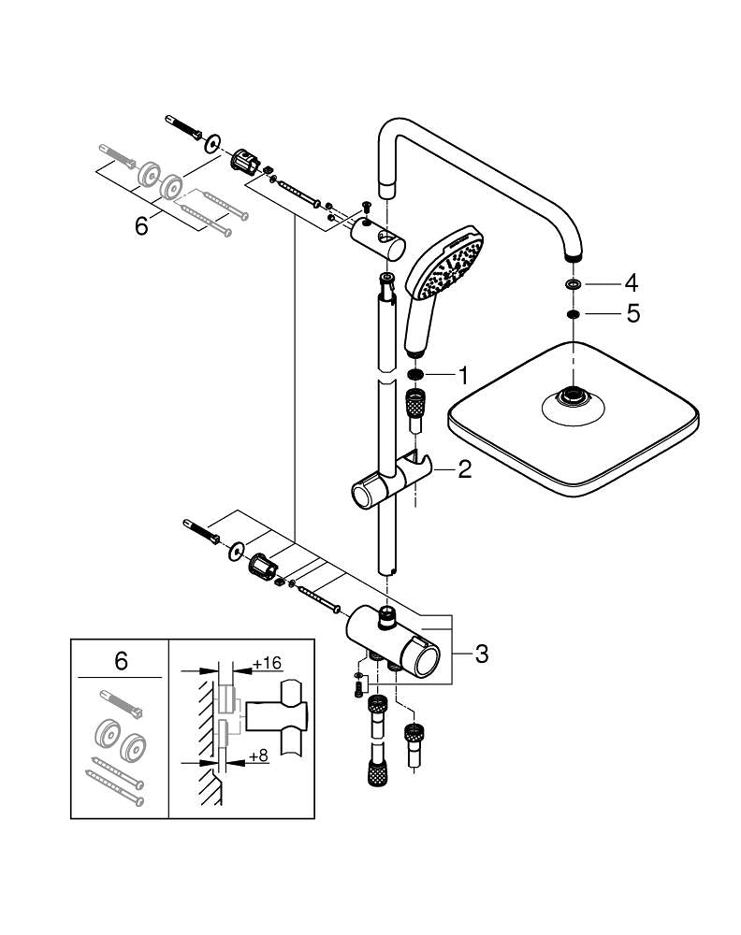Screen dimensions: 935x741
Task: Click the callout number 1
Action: click(x=461, y=376)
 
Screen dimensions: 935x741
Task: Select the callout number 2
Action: click(x=464, y=469)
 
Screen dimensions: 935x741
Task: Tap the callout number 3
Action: click(x=481, y=654)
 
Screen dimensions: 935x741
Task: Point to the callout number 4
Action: click(x=632, y=281)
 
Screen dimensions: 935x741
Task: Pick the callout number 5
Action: click(x=632, y=314)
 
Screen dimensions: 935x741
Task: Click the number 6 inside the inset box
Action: click(x=121, y=661)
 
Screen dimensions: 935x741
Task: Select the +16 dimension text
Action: click(x=268, y=663)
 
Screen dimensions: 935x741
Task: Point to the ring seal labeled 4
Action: click(x=572, y=283)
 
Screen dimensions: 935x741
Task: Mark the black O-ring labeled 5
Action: click(x=572, y=315)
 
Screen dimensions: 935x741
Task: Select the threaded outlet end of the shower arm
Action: click(x=572, y=255)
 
